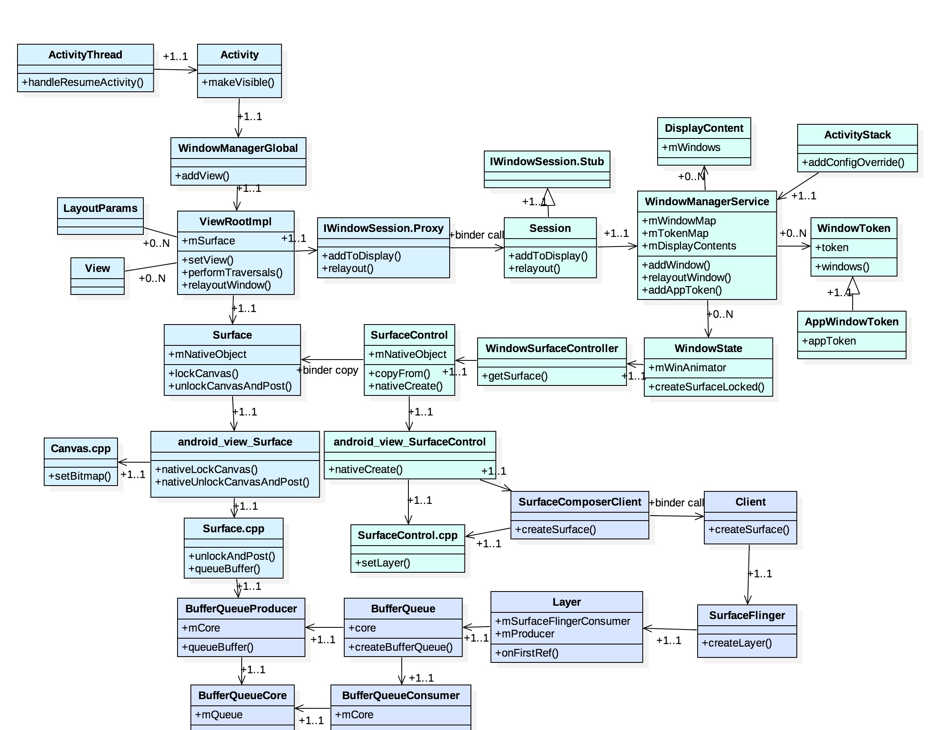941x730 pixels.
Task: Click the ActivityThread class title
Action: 85,55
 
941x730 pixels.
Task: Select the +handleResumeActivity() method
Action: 83,82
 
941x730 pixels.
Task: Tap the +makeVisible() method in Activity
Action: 238,82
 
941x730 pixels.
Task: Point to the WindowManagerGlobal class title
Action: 238,149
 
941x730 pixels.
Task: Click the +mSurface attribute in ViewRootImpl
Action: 208,241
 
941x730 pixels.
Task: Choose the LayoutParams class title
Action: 100,208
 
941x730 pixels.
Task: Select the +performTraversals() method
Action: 232,272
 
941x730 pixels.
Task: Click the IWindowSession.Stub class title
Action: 547,162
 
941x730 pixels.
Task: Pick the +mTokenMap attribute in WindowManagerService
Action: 675,233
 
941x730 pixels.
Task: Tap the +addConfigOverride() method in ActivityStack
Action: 853,163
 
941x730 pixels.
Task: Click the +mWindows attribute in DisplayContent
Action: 691,148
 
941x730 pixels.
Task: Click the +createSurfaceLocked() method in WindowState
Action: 706,387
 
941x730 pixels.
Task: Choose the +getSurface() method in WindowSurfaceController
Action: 514,376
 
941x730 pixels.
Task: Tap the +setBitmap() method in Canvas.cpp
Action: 80,476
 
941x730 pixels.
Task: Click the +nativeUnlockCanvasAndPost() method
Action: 232,482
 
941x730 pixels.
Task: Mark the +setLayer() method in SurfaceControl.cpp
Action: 383,563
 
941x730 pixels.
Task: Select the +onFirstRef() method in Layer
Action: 526,653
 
